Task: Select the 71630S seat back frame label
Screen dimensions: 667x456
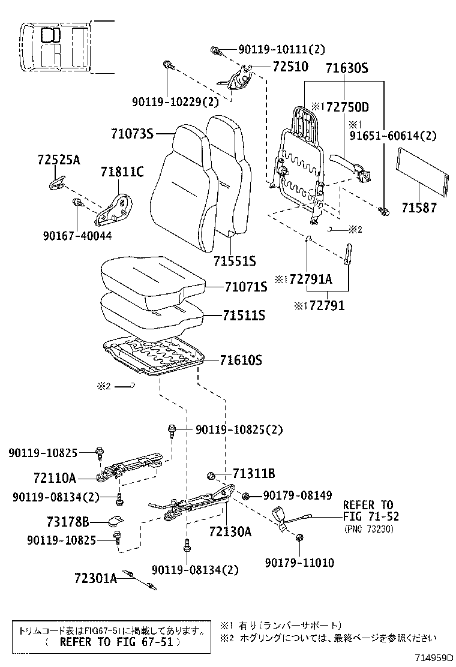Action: tap(346, 68)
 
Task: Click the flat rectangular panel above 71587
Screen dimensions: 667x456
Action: tap(423, 174)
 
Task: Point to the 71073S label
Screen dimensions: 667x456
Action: tap(132, 133)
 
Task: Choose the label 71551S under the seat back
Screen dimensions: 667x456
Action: tap(235, 261)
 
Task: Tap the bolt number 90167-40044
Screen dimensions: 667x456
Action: tap(77, 236)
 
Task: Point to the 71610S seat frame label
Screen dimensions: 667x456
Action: tap(241, 360)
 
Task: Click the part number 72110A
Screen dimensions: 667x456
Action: tap(55, 478)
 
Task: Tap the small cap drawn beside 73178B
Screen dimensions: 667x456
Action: tap(116, 520)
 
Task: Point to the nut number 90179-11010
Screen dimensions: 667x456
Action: tap(299, 562)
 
